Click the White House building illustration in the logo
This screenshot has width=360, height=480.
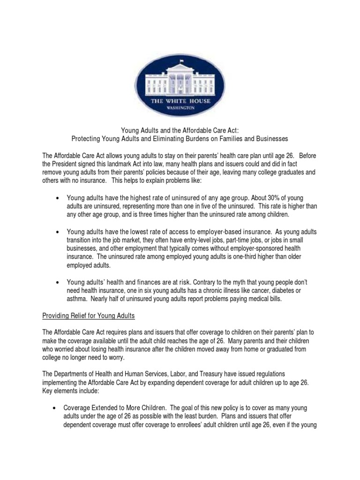[x=180, y=76]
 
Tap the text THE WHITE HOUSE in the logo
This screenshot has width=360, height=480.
[x=180, y=101]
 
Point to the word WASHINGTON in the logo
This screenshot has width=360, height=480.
[x=180, y=107]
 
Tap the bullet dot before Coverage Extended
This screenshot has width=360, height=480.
[x=56, y=408]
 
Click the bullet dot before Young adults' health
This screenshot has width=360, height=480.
[x=57, y=283]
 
